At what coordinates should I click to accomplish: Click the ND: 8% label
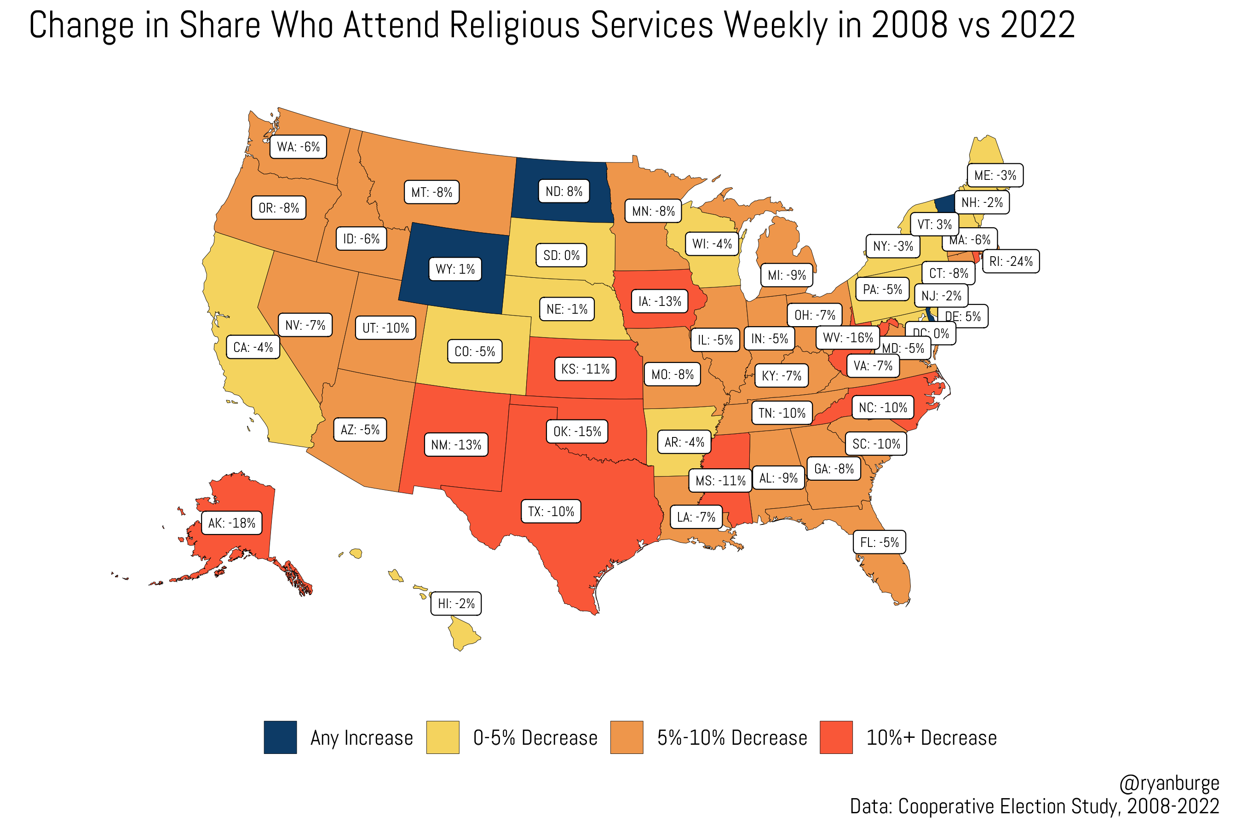coord(563,192)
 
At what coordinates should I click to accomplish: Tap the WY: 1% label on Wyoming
coord(455,269)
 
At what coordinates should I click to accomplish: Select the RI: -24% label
coord(1011,261)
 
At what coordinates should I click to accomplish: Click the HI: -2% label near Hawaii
coord(456,604)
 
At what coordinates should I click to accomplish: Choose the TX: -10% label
coord(551,512)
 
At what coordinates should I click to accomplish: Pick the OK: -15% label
coord(577,431)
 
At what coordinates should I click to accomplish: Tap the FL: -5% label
coord(879,542)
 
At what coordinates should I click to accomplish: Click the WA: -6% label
coord(299,147)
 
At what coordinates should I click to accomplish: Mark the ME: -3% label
coord(995,175)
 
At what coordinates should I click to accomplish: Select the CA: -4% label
coord(253,347)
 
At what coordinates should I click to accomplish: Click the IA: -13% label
coord(660,301)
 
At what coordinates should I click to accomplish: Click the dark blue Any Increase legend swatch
coord(281,737)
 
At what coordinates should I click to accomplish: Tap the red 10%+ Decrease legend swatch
coord(836,737)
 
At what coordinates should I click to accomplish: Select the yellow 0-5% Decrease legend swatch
coord(443,737)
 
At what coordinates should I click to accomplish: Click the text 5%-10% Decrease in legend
coord(732,738)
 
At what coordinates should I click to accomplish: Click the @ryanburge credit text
coord(1168,783)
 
